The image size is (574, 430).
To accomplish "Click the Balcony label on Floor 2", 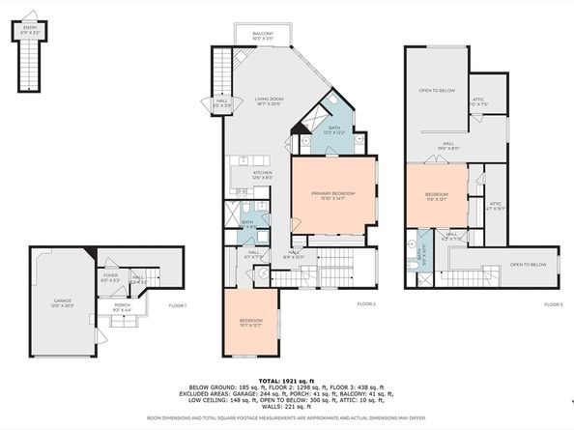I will point(263,36).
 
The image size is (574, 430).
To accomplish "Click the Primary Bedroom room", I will point(332,196).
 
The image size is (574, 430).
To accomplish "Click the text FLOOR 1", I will point(177,305).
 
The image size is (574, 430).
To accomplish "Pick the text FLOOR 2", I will point(365,303).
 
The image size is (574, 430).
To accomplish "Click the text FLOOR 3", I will point(552,303).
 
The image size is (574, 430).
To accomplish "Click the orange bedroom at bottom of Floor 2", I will point(250,323).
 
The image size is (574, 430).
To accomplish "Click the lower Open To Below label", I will point(529,265).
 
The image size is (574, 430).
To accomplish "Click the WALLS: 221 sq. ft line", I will point(287,407).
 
